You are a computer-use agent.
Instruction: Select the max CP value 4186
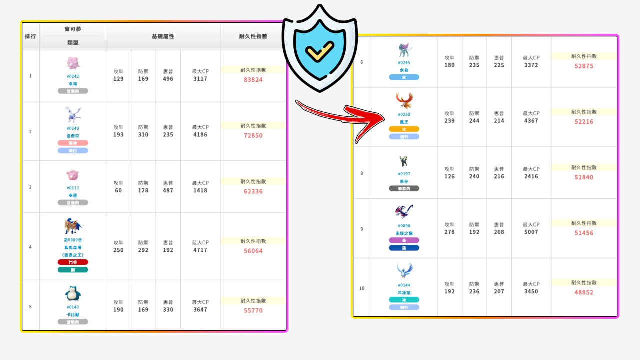click(200, 135)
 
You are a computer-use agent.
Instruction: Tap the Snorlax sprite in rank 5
click(73, 294)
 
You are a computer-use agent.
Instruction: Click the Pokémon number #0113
click(73, 188)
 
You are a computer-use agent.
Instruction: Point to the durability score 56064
click(253, 251)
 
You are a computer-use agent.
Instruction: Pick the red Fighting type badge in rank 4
click(73, 262)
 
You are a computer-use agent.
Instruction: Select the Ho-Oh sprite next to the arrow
click(404, 100)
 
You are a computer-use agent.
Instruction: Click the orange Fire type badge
click(404, 129)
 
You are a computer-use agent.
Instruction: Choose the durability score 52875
click(584, 66)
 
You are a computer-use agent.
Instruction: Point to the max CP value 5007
click(531, 232)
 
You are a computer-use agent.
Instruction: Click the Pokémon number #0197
click(404, 174)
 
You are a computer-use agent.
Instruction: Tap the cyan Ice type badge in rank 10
click(404, 300)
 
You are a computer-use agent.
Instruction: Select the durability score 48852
click(584, 292)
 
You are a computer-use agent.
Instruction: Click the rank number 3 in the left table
click(30, 187)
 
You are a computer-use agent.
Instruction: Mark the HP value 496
click(168, 79)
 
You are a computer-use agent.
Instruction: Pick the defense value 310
click(143, 135)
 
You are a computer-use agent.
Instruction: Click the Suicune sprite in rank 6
click(404, 50)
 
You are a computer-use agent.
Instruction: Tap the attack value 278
click(449, 232)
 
